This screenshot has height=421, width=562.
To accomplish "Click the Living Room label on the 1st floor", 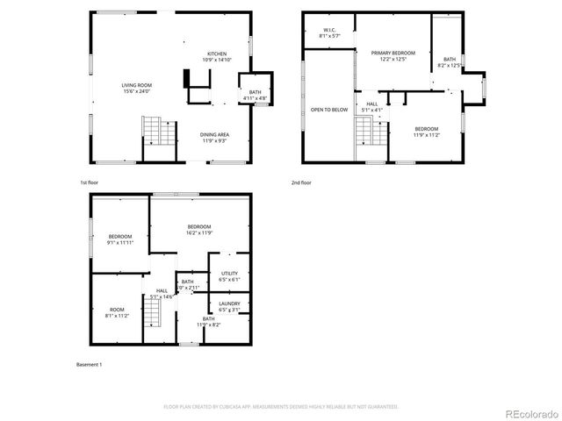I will (136, 88).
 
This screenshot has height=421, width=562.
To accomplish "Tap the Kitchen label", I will (217, 57).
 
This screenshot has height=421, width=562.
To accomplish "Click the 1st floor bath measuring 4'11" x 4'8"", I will (255, 95).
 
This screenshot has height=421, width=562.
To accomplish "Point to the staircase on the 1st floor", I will (155, 132).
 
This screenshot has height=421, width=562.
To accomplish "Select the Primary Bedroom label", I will (393, 56).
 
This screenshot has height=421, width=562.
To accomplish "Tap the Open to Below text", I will (329, 110).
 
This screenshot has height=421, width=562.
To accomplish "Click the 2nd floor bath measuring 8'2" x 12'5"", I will (449, 62).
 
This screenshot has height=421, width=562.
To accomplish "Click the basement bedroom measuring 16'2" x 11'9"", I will (199, 231).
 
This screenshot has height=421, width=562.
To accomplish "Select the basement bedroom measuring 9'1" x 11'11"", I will (120, 239).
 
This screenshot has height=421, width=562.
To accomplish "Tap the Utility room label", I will (229, 277).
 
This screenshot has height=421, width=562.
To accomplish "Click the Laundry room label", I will (229, 307).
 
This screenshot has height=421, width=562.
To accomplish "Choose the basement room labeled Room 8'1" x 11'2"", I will (117, 311).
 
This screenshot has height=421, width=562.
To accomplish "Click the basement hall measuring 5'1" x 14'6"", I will (162, 294).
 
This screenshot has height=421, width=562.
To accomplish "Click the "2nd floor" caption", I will (301, 182).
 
